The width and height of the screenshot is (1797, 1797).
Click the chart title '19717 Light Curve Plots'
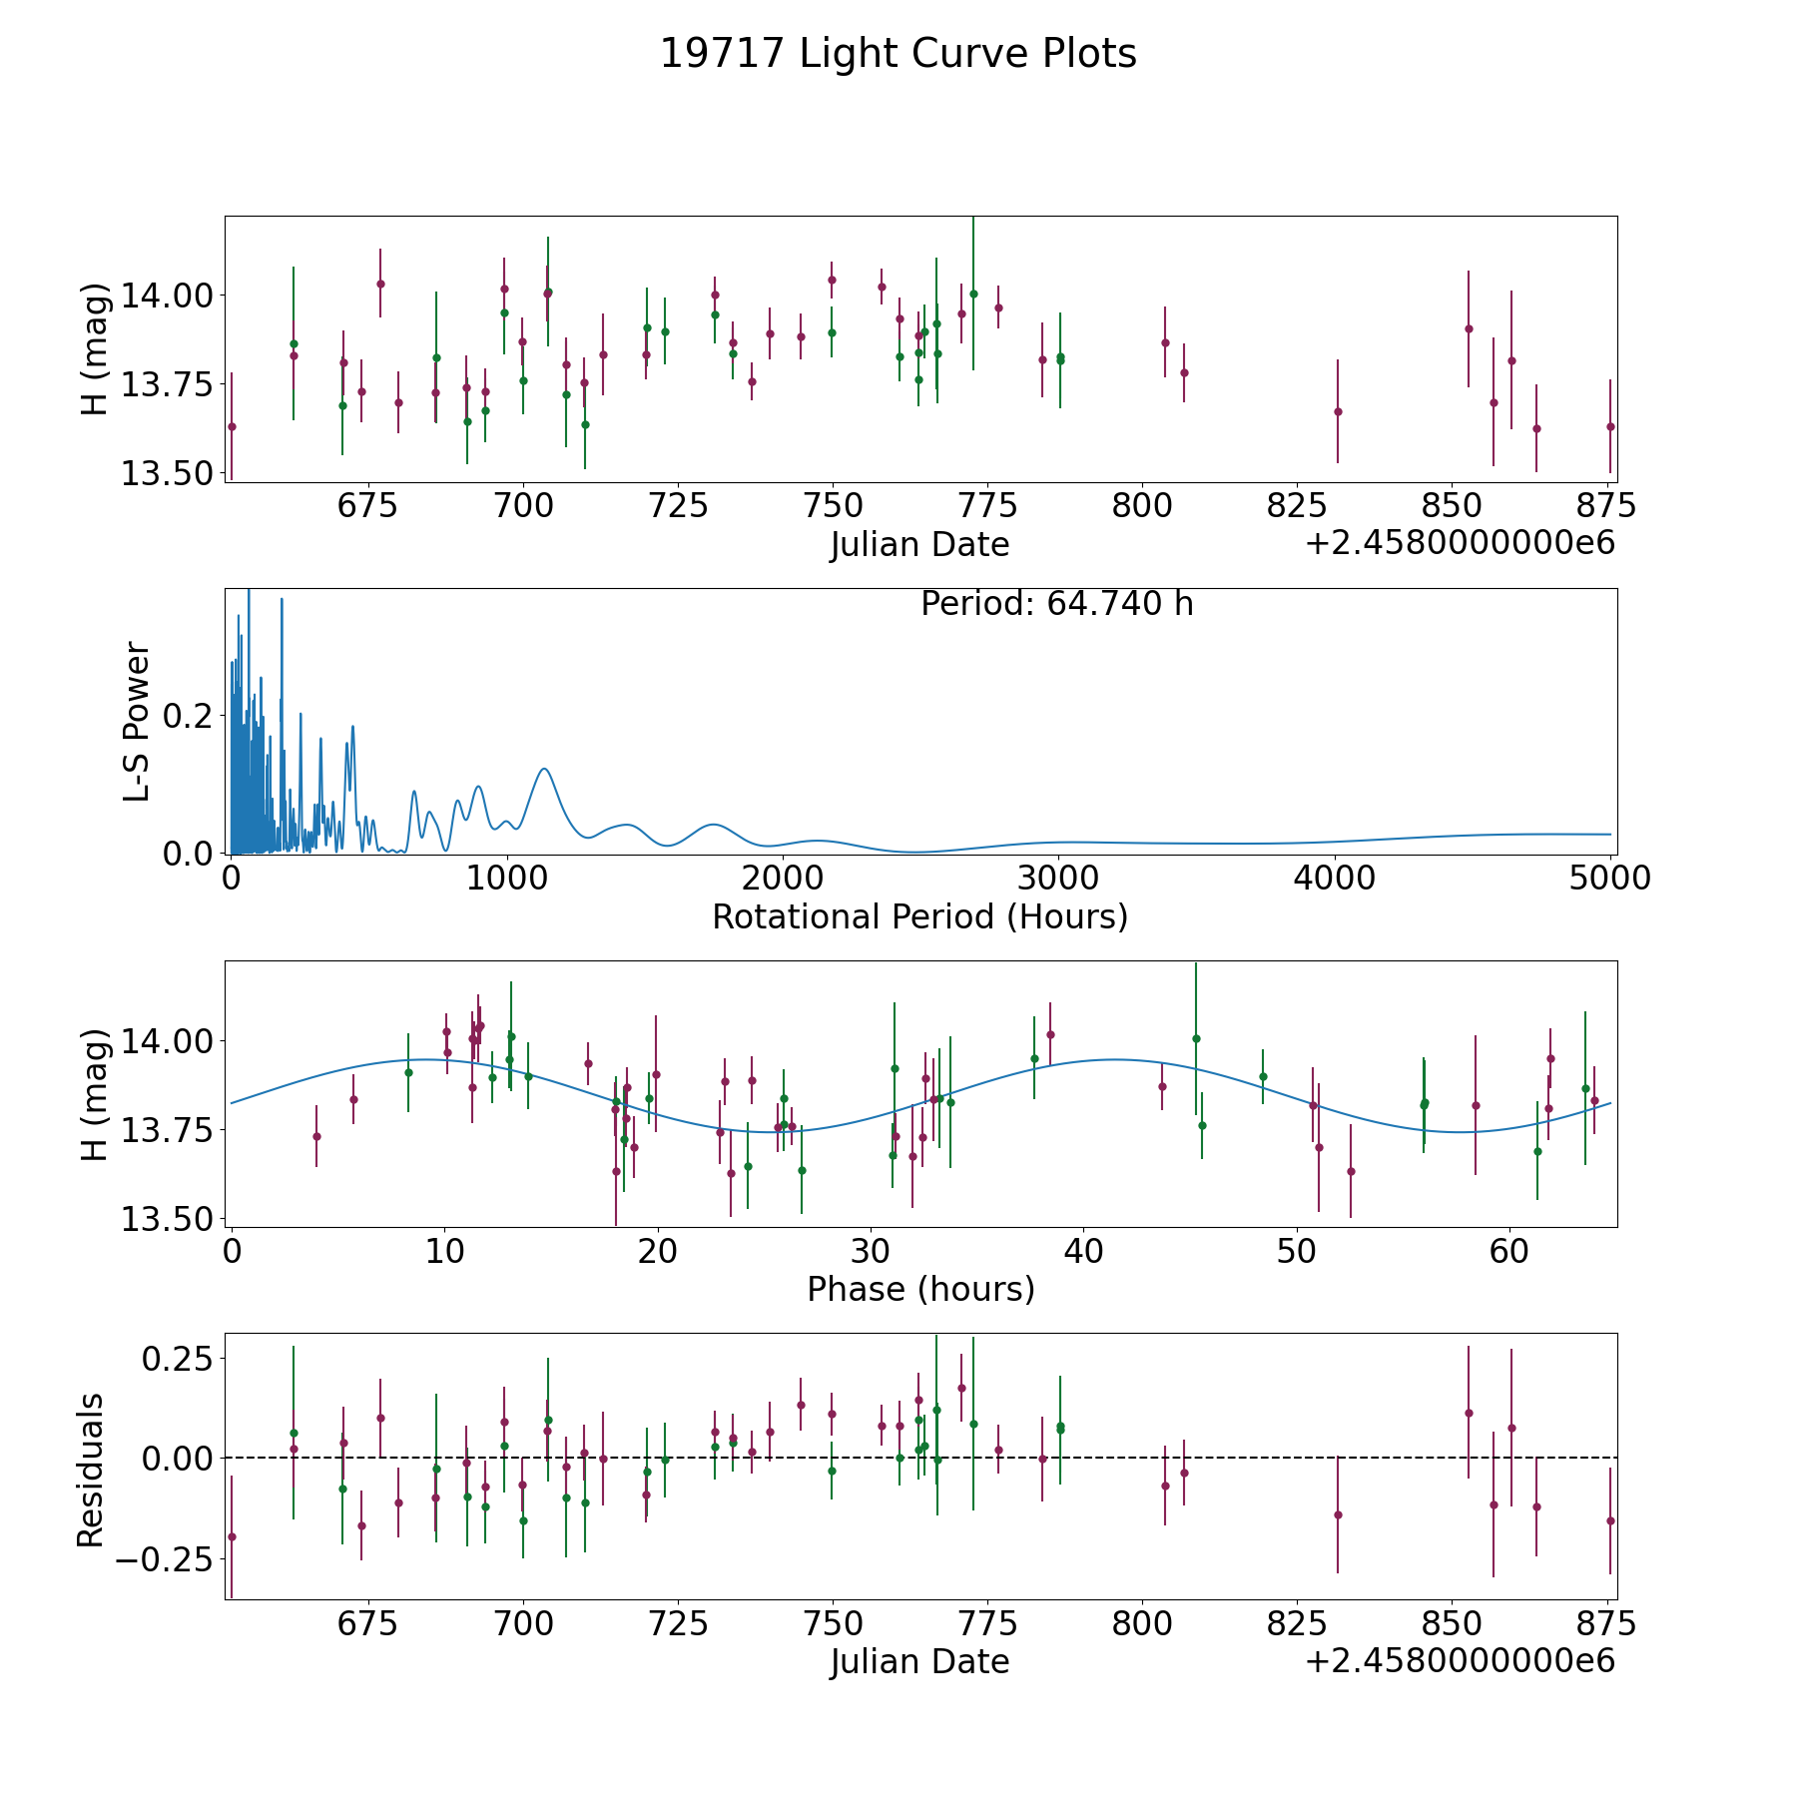tap(898, 54)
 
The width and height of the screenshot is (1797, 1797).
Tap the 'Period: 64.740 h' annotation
tap(1057, 604)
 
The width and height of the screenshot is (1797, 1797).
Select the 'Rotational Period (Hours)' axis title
tap(920, 916)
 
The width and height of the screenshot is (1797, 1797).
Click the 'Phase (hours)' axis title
tap(920, 1289)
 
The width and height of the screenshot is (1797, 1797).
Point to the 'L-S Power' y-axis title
tap(137, 722)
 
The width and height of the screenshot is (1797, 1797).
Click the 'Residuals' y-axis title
tap(91, 1470)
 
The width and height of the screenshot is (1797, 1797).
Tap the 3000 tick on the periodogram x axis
tap(1058, 879)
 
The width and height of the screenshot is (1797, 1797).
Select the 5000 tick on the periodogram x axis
tap(1610, 879)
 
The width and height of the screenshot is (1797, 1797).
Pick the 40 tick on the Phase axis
tap(1084, 1251)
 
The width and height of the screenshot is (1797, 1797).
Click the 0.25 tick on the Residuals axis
tap(179, 1360)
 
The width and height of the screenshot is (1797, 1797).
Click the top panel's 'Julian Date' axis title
tap(920, 545)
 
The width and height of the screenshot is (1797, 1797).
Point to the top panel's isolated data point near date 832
tap(1338, 411)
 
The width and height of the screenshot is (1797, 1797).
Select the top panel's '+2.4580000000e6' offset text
tap(1460, 543)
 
